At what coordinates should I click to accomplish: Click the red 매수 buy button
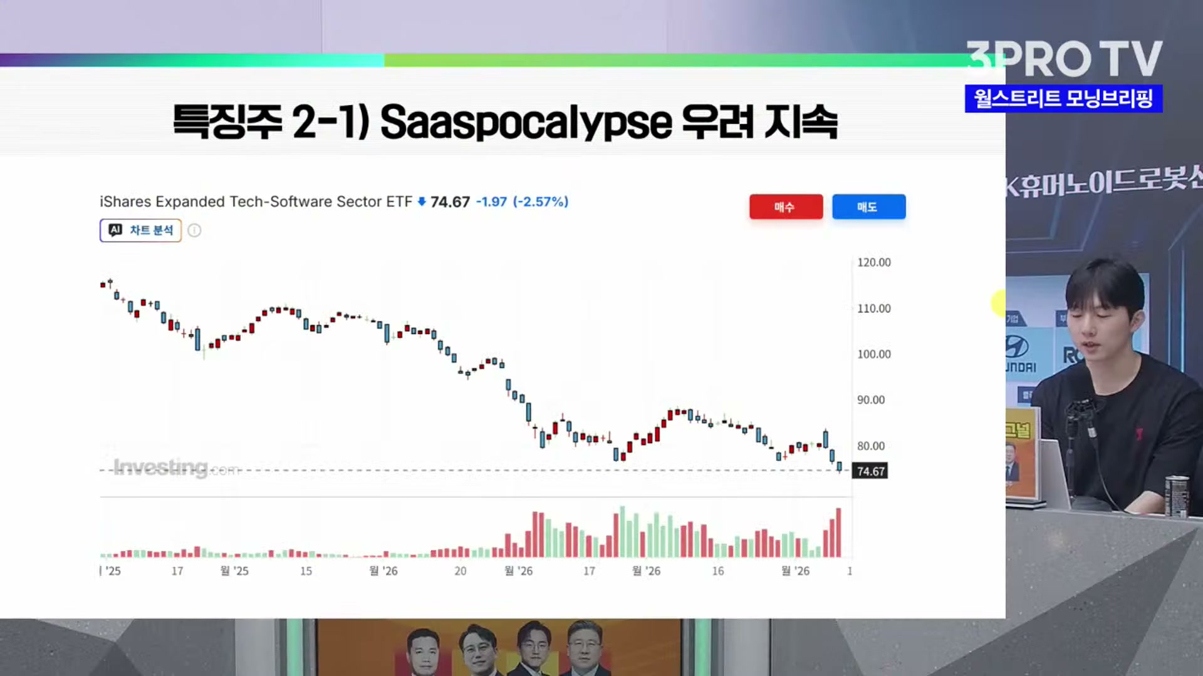point(786,207)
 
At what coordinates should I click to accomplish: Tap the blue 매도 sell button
point(868,207)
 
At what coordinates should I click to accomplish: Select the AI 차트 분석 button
point(140,230)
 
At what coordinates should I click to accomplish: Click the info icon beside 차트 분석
point(195,230)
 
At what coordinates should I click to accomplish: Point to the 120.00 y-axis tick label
point(873,262)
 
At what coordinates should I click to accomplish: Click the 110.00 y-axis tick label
point(873,309)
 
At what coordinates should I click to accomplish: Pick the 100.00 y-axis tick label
point(873,354)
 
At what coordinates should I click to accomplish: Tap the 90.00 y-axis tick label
point(871,400)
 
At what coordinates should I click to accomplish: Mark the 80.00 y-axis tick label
point(871,446)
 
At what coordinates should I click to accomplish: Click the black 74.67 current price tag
point(870,471)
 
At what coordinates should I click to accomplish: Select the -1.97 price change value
point(491,202)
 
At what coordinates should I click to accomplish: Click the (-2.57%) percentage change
point(541,202)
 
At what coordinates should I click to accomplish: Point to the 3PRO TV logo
point(1064,59)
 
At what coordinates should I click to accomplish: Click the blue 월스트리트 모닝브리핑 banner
point(1063,99)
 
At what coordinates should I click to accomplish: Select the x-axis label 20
point(461,571)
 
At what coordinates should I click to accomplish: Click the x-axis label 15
point(306,571)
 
